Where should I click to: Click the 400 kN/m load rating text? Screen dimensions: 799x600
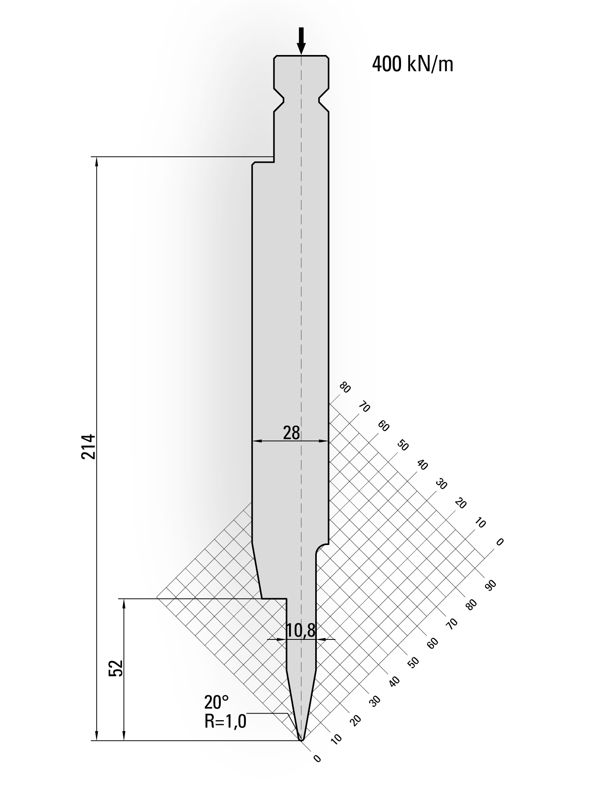413,65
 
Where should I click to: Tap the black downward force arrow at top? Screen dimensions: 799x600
301,41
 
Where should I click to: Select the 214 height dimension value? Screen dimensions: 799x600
89,446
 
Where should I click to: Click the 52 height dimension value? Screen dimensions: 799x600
117,668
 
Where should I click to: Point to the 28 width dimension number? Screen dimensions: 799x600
291,433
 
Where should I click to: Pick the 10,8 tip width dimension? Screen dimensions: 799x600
300,631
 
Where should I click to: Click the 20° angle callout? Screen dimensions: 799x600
217,703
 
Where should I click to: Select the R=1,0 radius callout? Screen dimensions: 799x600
225,721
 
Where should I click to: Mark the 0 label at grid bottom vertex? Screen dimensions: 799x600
317,758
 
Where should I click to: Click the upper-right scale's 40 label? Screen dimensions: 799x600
422,465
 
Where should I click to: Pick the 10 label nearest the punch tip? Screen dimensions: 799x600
336,738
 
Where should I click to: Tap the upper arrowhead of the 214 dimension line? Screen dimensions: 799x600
97,161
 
